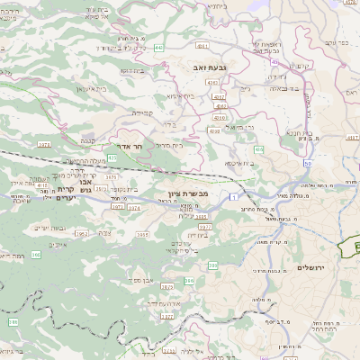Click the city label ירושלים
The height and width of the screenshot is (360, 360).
(314, 268)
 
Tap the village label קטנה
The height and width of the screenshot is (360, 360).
(88, 140)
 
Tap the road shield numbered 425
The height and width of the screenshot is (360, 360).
(112, 158)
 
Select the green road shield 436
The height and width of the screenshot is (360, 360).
(259, 149)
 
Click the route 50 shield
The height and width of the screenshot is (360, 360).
(308, 164)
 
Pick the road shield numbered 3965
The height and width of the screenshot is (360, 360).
(142, 235)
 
